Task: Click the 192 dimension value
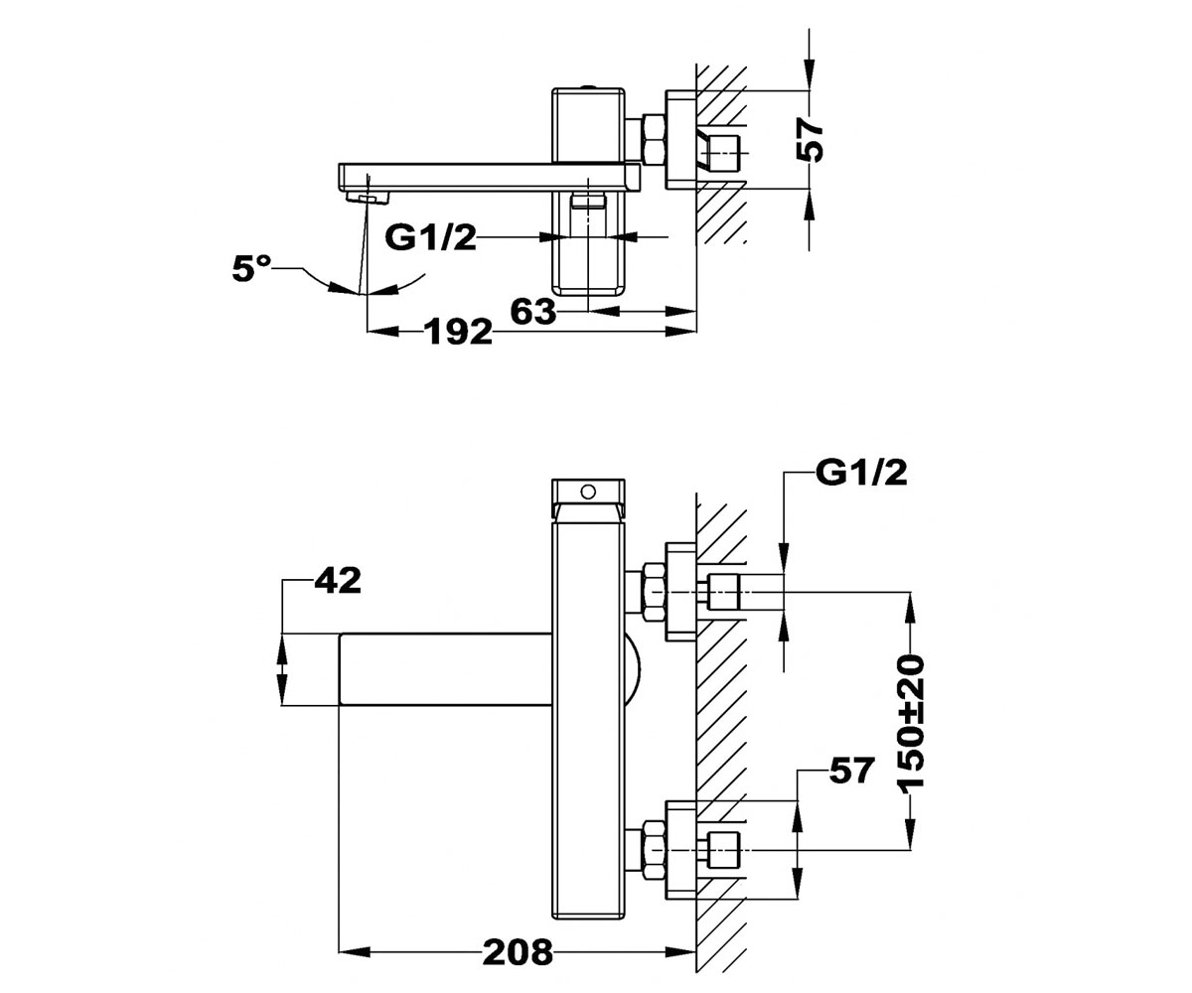tap(457, 331)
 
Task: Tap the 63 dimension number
tap(532, 311)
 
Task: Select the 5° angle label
tap(251, 268)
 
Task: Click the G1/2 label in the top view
tap(430, 237)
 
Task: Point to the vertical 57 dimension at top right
tap(810, 141)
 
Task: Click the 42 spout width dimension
tap(338, 580)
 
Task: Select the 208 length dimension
tap(518, 951)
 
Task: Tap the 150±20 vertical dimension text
tap(910, 724)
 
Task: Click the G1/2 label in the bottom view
tap(861, 473)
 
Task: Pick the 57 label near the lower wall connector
tap(851, 771)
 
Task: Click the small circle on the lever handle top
tap(588, 491)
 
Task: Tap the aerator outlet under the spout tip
tap(368, 198)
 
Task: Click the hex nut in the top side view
tap(653, 140)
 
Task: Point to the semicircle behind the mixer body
tap(632, 670)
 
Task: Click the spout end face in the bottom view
tap(340, 669)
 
